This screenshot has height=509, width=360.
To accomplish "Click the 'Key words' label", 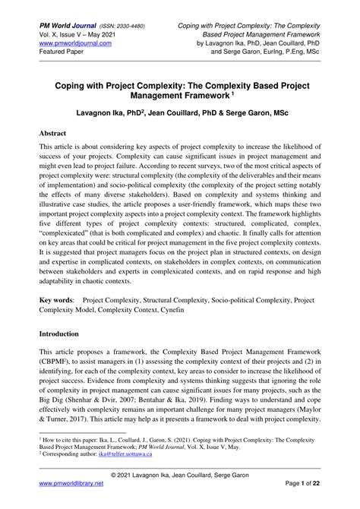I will (58, 301).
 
